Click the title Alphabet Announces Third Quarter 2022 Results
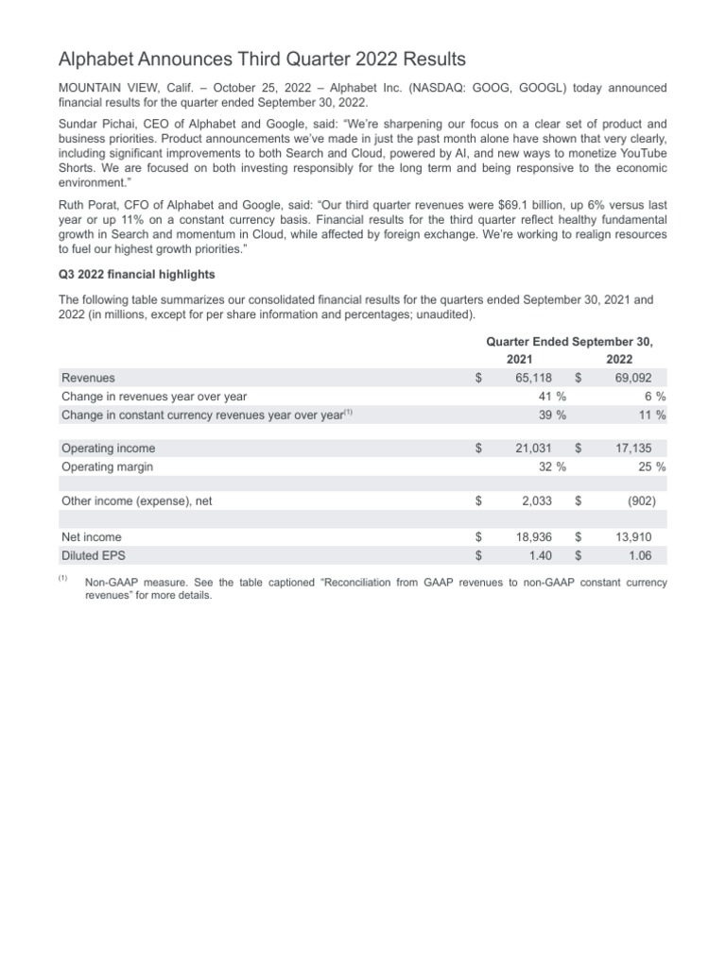tap(262, 59)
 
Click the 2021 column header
tap(519, 360)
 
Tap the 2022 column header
tap(620, 360)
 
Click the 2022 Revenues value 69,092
tap(634, 378)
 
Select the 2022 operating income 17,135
tap(634, 449)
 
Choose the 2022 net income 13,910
tap(634, 537)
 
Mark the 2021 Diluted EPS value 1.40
tap(540, 555)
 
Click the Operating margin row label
tap(107, 467)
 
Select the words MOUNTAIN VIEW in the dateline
tap(104, 88)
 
